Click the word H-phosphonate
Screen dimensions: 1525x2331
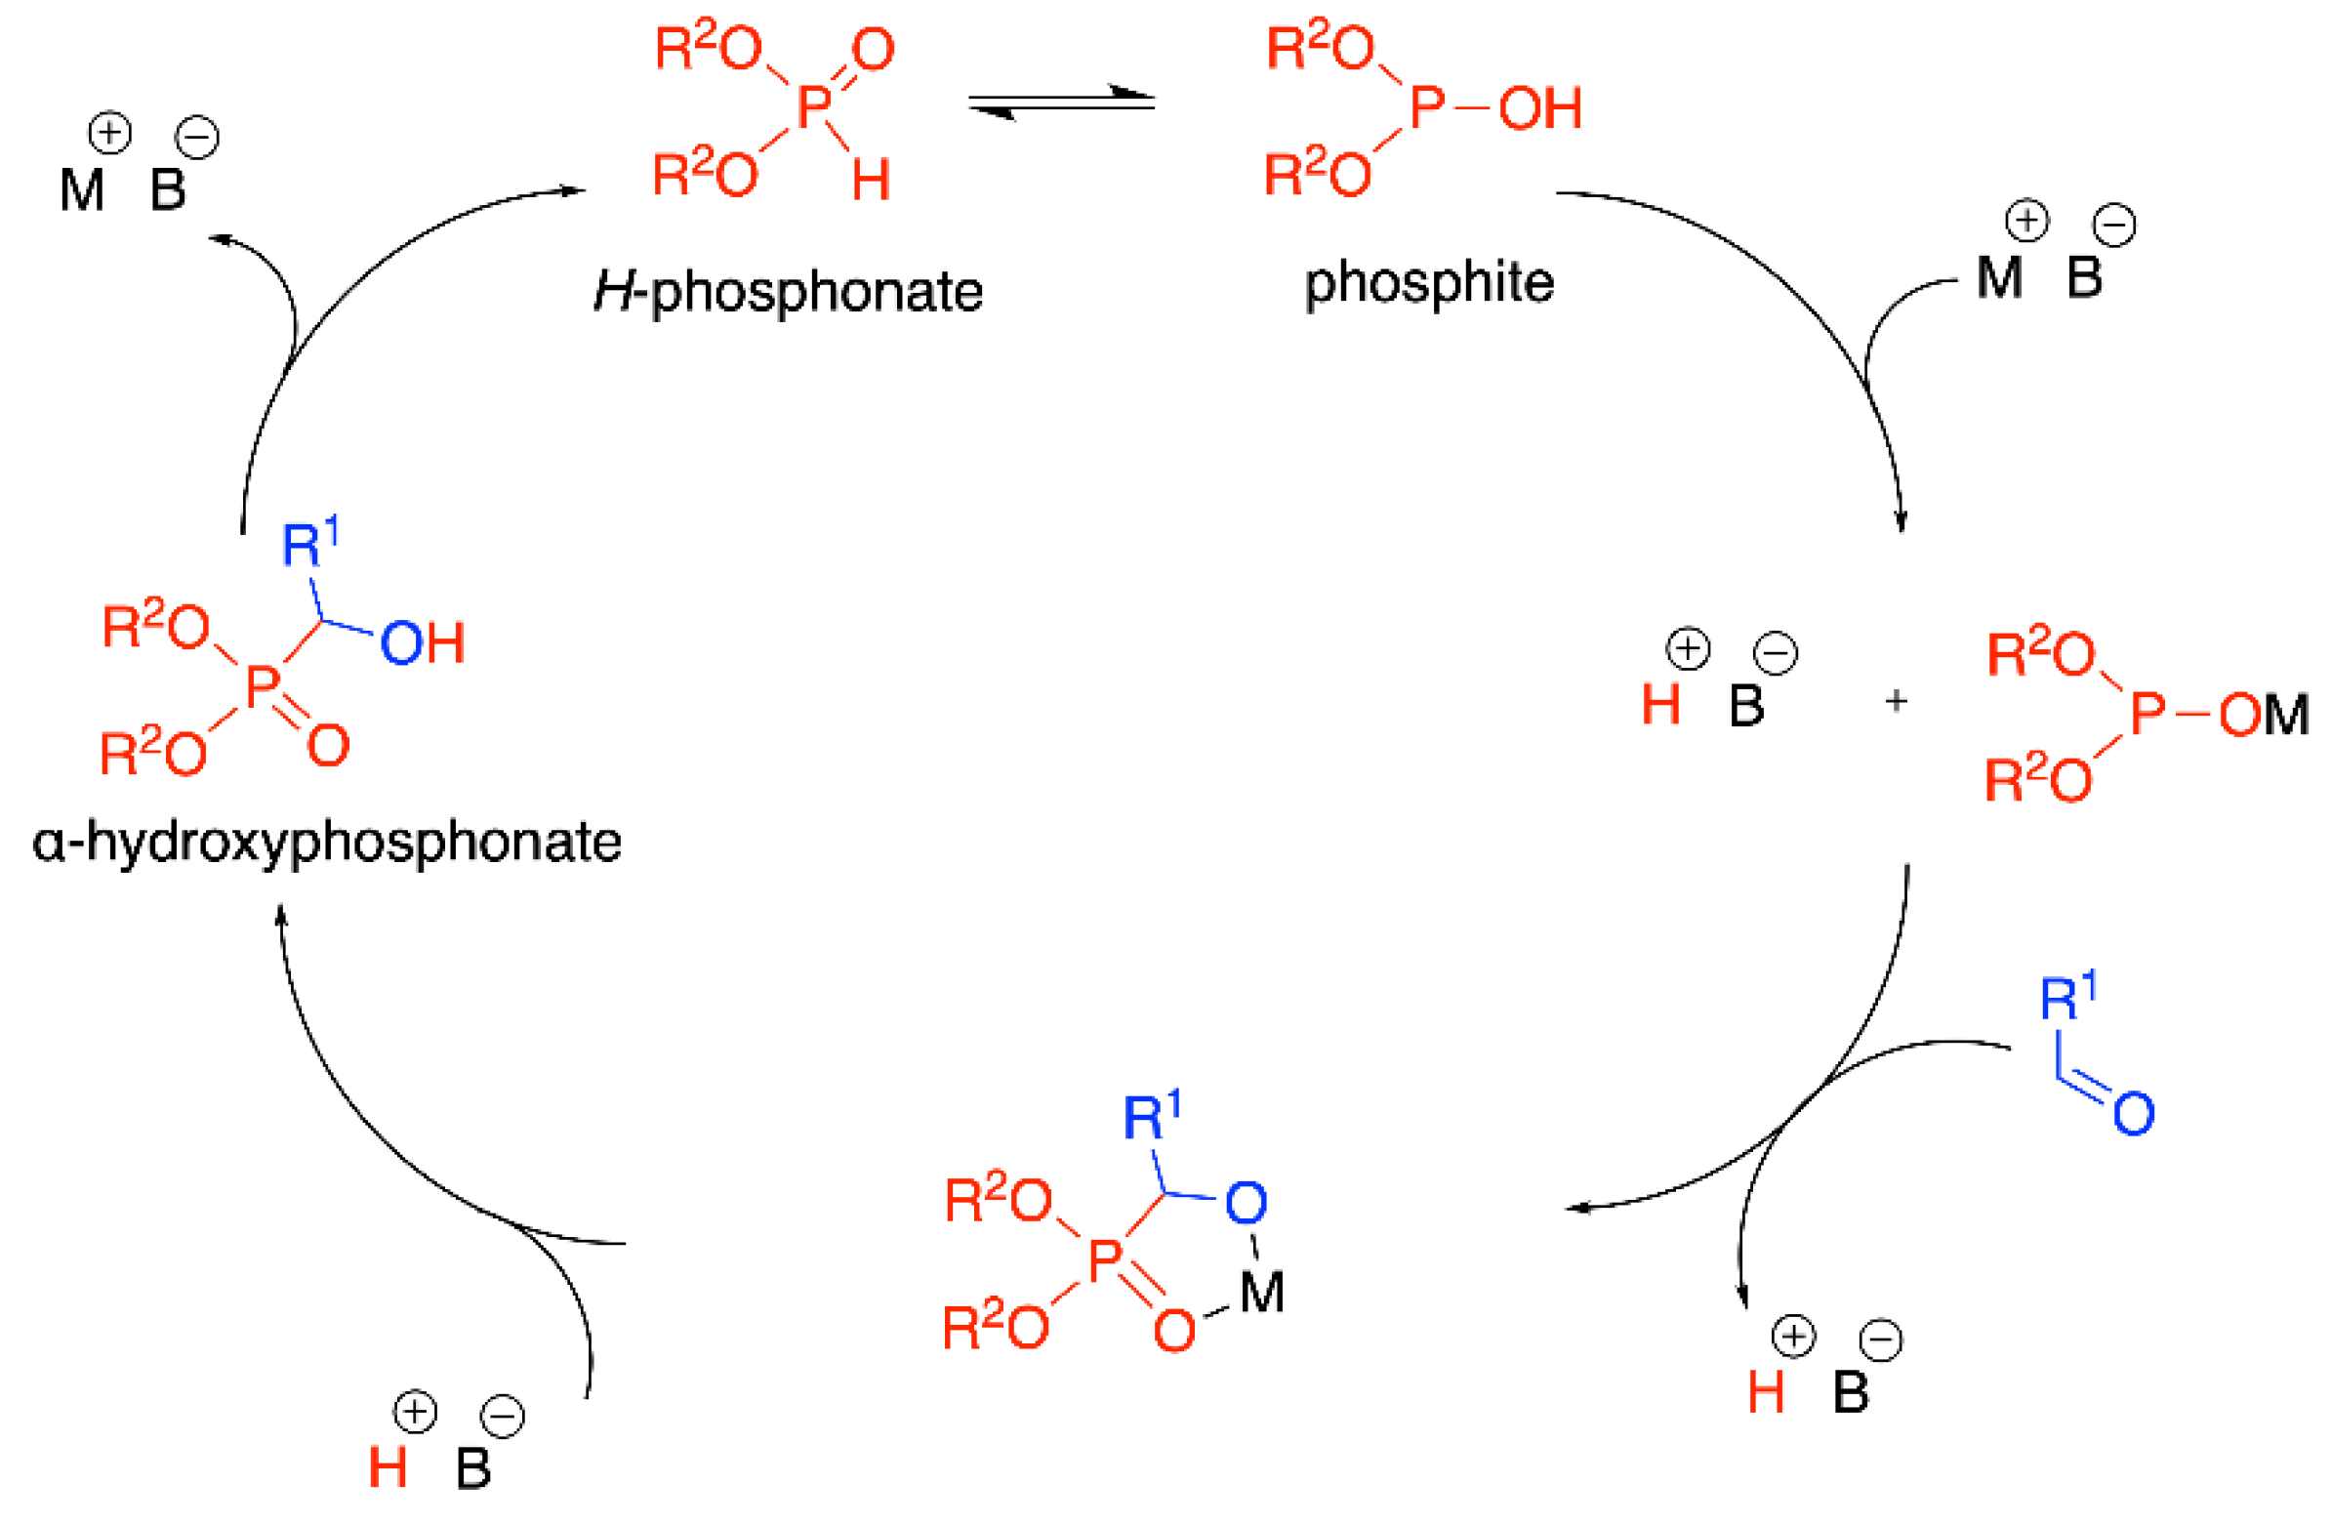click(789, 292)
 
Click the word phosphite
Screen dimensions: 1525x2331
click(1429, 283)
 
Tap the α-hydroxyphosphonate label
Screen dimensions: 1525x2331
click(327, 842)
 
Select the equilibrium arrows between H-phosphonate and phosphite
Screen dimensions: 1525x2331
click(1062, 103)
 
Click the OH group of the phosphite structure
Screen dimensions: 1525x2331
click(1539, 107)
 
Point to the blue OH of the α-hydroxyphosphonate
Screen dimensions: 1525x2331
click(422, 643)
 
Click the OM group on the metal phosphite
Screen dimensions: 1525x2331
click(2263, 715)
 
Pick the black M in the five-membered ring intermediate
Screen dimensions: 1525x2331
click(1261, 1293)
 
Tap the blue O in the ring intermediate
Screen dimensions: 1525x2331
click(1246, 1203)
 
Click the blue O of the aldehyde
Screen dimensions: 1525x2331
click(2133, 1114)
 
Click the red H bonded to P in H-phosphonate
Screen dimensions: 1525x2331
click(871, 181)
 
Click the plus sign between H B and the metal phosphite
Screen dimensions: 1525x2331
click(1897, 701)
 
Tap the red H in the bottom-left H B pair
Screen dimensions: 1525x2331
click(388, 1468)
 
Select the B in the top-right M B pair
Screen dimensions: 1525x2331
click(2084, 277)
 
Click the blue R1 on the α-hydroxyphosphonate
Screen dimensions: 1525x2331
click(308, 543)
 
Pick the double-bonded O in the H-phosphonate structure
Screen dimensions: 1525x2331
click(873, 50)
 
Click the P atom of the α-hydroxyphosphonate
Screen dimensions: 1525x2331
click(263, 685)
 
